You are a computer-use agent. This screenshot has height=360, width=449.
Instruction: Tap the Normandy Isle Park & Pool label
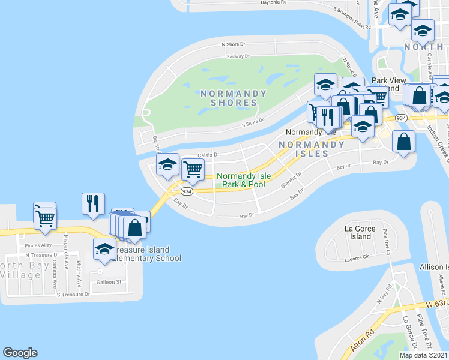click(240, 181)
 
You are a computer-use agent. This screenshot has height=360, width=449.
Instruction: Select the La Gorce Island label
click(360, 233)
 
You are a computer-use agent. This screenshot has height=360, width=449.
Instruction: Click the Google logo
click(20, 353)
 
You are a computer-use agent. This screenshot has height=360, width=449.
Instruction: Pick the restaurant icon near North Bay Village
click(93, 204)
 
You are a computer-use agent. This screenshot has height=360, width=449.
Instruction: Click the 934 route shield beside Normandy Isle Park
click(187, 191)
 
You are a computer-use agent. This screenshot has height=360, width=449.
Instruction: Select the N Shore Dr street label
click(234, 44)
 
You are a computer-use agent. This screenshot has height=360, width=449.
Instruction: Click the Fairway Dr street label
click(238, 56)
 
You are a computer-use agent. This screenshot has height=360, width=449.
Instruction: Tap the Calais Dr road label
click(208, 154)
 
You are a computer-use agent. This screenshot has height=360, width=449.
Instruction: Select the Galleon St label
click(110, 282)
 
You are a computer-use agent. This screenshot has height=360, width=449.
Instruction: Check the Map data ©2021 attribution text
click(424, 355)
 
